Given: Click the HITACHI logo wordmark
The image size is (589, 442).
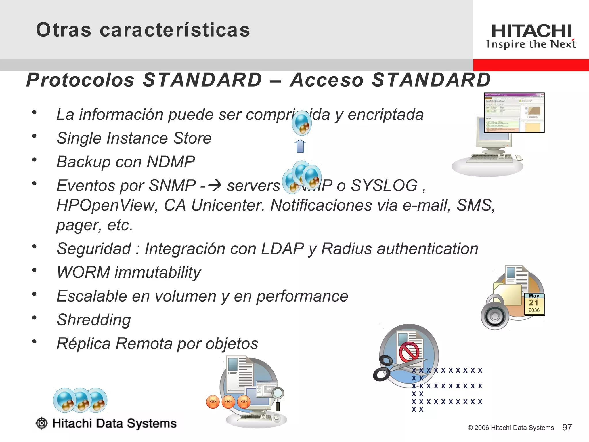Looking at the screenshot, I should tap(531, 31).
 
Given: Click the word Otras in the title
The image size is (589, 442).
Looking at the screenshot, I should tap(64, 30).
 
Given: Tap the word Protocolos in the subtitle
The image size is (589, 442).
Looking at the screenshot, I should tap(80, 80).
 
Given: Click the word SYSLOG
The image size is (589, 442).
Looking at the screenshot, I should tap(384, 185).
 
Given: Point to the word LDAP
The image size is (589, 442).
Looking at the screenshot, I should tap(282, 249).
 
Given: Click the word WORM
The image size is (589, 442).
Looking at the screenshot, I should tap(83, 272).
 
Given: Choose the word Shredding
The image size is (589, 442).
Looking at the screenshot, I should tap(94, 320).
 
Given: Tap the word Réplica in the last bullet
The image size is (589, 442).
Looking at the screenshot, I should tap(84, 344).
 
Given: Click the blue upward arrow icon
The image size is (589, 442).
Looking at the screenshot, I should tap(300, 146).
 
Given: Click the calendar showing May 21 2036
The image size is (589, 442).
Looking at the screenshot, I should tap(534, 304).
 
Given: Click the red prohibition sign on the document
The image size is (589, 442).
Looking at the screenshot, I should tap(409, 352).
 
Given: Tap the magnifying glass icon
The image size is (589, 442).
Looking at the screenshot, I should tap(278, 394).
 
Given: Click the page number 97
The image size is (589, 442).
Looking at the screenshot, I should tap(567, 428).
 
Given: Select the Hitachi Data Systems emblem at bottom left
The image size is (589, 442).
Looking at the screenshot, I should tap(42, 423).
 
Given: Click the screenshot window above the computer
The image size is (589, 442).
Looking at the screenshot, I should tap(514, 113).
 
